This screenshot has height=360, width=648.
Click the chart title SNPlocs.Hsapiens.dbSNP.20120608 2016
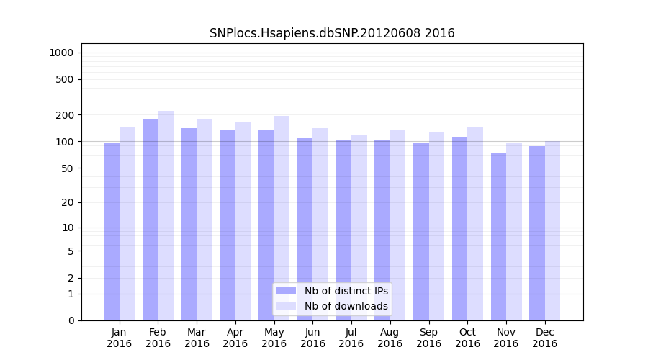tap(332, 33)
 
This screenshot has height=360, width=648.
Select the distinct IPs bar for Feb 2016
tap(150, 220)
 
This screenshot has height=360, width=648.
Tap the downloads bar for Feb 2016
tap(166, 216)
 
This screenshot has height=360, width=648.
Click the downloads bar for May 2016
tap(282, 218)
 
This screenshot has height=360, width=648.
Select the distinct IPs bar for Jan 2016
tap(112, 231)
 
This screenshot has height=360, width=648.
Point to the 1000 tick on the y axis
tap(61, 53)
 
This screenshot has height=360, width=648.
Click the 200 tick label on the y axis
tap(65, 115)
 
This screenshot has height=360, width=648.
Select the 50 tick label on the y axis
tap(67, 168)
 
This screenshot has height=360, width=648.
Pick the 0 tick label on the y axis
tap(71, 320)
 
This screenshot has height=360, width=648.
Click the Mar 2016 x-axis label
tap(197, 338)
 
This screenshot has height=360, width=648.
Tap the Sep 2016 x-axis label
tap(428, 338)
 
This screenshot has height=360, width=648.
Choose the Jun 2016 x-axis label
tap(312, 338)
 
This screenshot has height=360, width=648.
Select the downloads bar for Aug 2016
tap(397, 225)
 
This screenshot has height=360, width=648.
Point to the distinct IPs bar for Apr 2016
tap(228, 225)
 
